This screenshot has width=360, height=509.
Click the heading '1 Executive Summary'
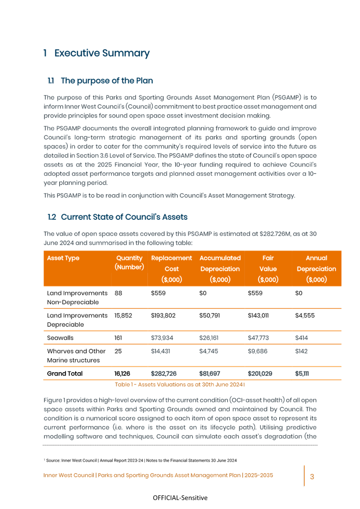click(96, 53)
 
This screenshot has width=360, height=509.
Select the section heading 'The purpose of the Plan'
click(106, 81)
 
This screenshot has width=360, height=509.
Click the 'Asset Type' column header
click(63, 258)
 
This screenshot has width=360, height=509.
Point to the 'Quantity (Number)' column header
click(129, 263)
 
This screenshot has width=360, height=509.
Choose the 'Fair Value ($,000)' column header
click(268, 268)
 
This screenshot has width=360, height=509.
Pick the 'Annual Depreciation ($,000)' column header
click(316, 268)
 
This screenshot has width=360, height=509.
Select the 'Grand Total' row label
click(65, 374)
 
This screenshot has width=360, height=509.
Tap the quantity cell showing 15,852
click(124, 315)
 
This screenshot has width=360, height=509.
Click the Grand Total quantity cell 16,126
click(124, 374)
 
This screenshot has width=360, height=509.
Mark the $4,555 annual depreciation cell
click(305, 315)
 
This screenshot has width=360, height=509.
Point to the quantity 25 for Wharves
click(118, 351)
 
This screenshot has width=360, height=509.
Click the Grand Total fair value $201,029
click(260, 374)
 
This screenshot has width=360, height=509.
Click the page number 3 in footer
click(312, 476)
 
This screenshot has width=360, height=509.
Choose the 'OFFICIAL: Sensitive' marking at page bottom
click(180, 498)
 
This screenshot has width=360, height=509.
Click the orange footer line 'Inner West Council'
click(158, 475)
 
